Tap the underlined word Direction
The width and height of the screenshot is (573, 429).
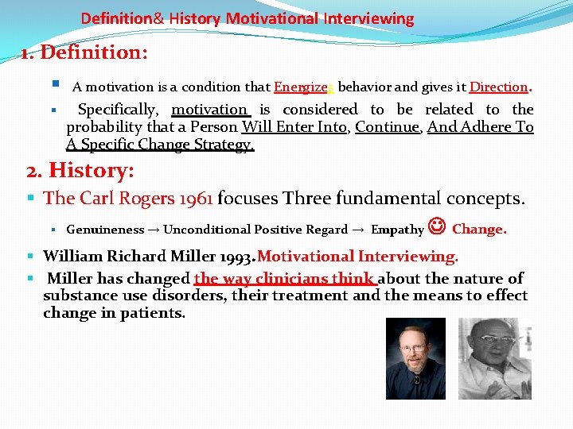tap(499, 87)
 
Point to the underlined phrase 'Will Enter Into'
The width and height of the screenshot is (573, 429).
tap(294, 127)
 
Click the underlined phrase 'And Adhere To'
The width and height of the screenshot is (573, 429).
tap(480, 127)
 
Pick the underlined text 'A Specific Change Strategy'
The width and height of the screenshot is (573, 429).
tap(160, 145)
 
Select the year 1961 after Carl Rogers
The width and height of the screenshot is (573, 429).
tap(191, 198)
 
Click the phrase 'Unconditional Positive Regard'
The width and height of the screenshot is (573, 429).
tap(255, 230)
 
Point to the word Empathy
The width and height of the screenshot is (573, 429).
tap(397, 230)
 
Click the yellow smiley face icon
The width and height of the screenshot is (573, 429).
tap(438, 228)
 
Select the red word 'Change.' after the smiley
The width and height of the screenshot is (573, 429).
tap(479, 229)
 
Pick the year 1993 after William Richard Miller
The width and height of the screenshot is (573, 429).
tap(234, 257)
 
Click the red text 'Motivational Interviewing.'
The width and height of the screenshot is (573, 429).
tap(357, 257)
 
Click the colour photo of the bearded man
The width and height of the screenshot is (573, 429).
tap(415, 358)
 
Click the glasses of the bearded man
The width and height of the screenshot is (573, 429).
tap(416, 347)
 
